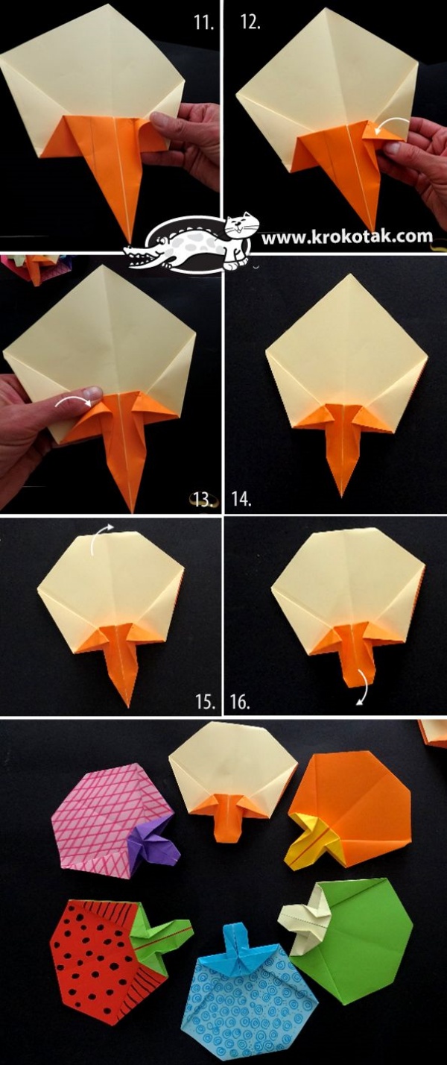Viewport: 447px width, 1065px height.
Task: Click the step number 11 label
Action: (204, 22)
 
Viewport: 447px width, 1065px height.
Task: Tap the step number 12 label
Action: (250, 22)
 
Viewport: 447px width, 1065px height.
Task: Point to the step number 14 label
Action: (241, 500)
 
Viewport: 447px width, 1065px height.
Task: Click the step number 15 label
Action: (205, 702)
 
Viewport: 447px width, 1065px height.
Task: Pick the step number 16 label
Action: (241, 702)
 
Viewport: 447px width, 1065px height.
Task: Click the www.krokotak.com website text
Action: (347, 236)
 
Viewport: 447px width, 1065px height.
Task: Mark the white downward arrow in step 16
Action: (364, 687)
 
